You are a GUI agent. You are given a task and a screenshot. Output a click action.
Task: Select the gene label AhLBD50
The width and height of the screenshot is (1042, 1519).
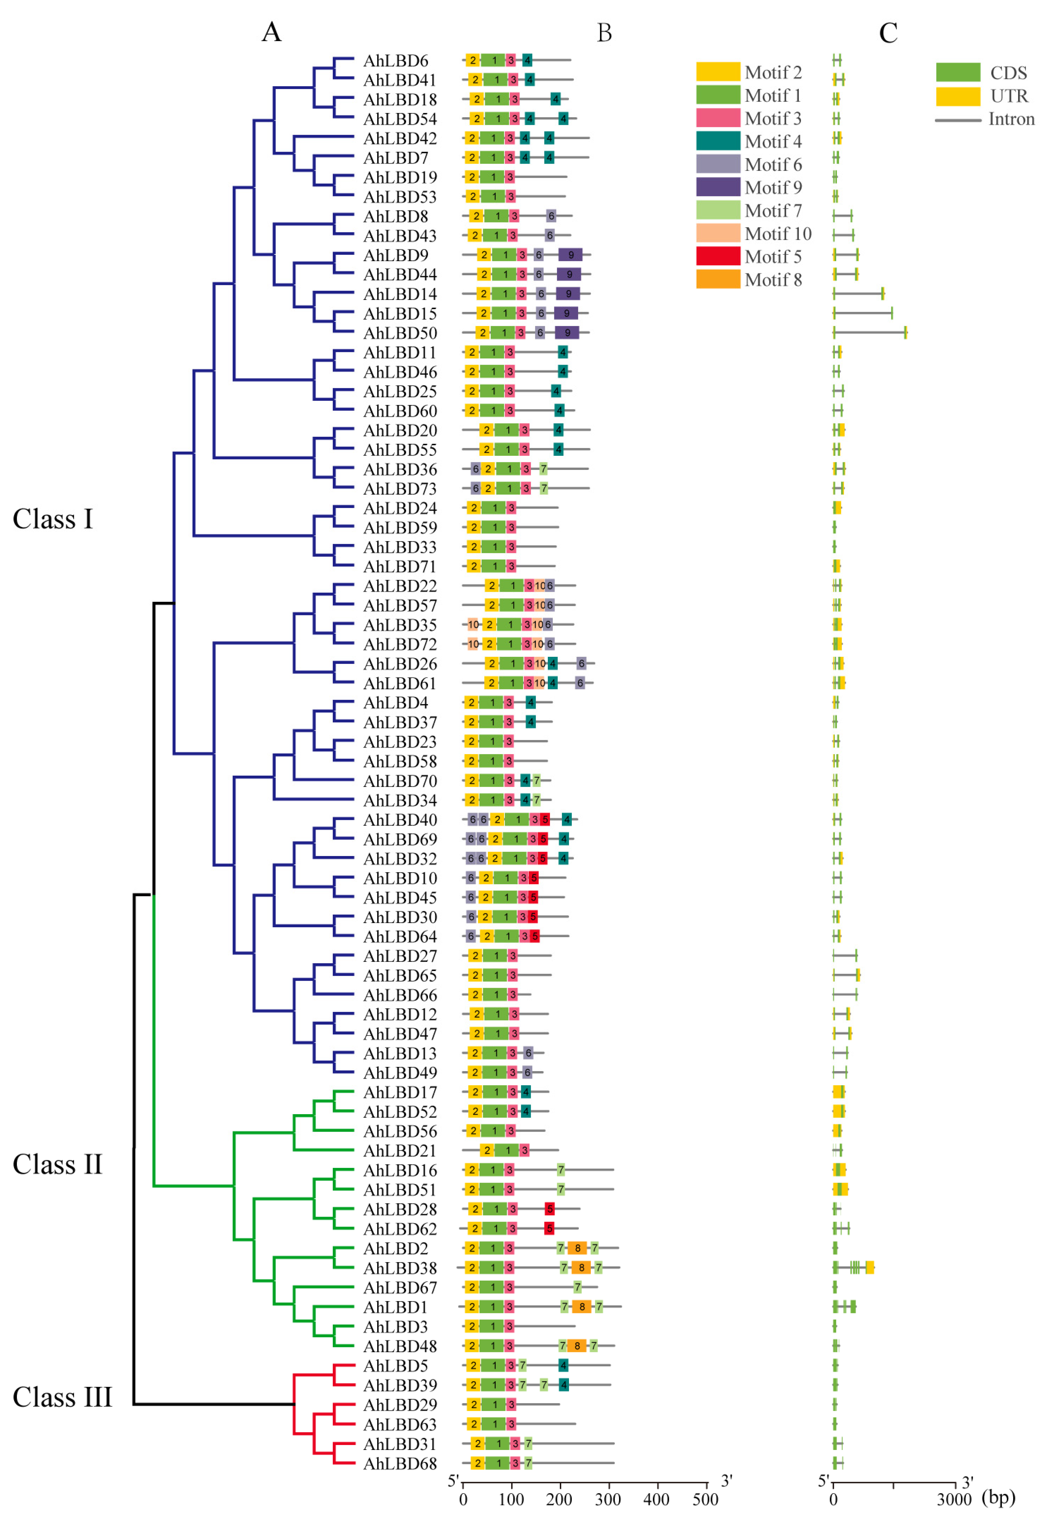400,333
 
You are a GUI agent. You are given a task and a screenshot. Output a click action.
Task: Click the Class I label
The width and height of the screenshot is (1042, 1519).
53,520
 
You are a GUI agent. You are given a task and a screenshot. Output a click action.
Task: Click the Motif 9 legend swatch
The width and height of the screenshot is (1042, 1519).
718,188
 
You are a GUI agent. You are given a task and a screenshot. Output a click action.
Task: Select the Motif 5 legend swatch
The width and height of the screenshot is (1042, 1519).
718,256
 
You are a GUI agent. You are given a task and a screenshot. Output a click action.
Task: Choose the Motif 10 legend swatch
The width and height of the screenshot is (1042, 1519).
718,233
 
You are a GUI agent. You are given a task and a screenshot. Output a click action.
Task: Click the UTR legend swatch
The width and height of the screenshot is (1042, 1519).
958,96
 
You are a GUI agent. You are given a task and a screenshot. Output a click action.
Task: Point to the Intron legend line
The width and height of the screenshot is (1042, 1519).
958,120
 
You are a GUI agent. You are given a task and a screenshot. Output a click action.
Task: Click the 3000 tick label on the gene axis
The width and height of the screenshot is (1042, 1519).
955,1499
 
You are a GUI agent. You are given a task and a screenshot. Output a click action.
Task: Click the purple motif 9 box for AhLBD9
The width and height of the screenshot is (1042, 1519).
570,255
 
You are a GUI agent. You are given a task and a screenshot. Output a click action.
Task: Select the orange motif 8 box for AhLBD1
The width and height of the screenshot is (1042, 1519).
582,1307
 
